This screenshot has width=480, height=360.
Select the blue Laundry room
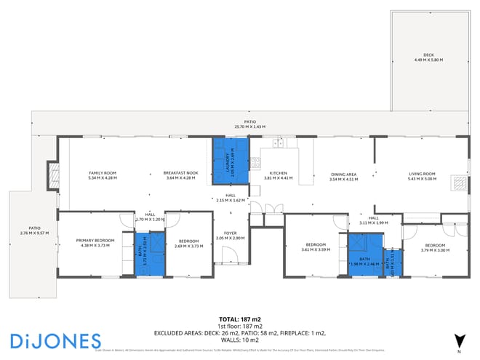pos(230,159)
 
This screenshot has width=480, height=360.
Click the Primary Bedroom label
pos(96,242)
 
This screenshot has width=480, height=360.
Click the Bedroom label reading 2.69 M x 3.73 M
pos(188,242)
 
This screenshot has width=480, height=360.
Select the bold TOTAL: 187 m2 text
pos(240,319)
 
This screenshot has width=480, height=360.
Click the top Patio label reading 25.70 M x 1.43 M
pos(249,124)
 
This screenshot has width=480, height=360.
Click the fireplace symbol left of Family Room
pos(52,175)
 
